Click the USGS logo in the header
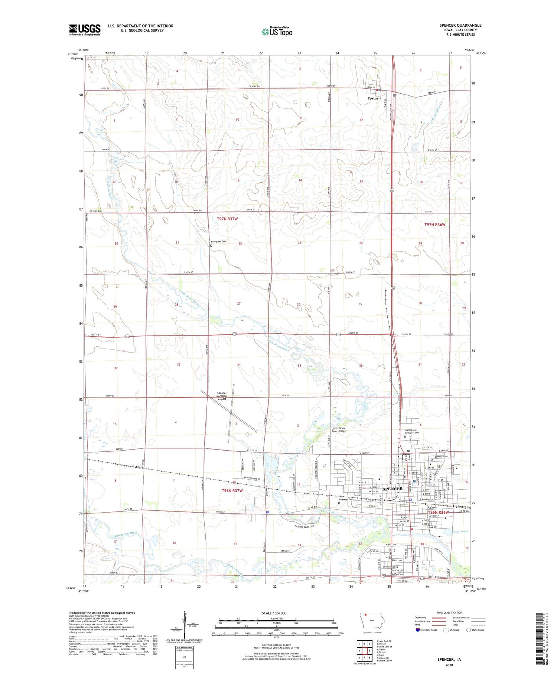[85, 30]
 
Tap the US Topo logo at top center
[277, 32]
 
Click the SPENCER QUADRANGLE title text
[460, 25]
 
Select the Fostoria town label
[374, 98]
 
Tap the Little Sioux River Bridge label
[338, 430]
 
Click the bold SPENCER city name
[392, 489]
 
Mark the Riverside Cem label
[346, 500]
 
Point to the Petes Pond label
[460, 532]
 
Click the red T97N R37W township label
[227, 219]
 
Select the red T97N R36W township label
[434, 225]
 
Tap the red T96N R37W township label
[232, 491]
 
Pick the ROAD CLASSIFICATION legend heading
[449, 612]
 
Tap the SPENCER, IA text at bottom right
[449, 660]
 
